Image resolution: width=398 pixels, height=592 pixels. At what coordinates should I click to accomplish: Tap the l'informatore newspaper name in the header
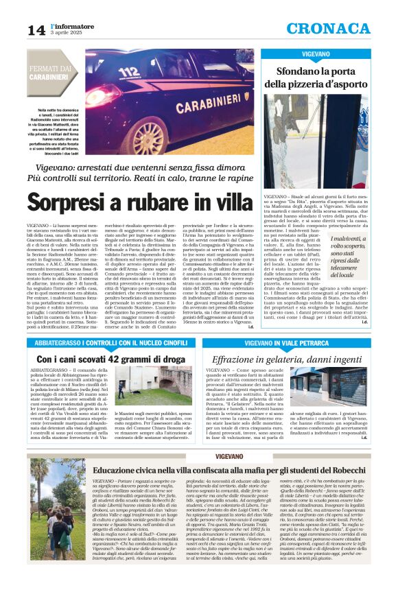[x=72, y=26]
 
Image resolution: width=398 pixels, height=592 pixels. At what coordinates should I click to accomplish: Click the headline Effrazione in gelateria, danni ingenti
[x=305, y=358]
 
